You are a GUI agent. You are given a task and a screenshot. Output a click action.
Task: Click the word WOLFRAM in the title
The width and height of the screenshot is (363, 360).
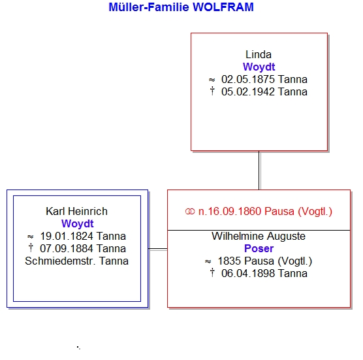(x=223, y=7)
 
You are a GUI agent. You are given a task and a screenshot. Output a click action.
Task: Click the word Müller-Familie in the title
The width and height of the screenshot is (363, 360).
(x=149, y=7)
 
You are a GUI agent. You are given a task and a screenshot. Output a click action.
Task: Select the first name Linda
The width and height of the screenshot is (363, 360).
(x=259, y=55)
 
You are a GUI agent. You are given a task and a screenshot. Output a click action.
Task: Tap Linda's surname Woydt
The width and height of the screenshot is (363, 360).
(x=259, y=67)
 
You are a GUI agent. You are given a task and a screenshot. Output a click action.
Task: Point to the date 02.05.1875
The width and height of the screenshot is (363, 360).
(x=248, y=79)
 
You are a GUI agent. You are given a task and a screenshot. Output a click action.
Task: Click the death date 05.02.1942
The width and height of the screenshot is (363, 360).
(x=248, y=91)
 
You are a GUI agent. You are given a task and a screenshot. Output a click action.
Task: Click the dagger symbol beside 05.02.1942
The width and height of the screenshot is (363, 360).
(x=212, y=91)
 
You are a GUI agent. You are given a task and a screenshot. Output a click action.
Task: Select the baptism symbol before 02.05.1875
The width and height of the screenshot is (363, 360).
(x=212, y=80)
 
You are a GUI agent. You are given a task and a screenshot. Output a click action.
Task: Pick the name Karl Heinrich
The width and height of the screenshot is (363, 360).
(x=76, y=211)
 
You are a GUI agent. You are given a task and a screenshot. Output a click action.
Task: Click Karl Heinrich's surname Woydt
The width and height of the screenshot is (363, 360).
(x=78, y=224)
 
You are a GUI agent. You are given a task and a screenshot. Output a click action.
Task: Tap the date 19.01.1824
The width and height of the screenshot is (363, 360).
(x=67, y=236)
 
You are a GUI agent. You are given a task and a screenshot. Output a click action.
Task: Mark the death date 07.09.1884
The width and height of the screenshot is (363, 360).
(x=67, y=248)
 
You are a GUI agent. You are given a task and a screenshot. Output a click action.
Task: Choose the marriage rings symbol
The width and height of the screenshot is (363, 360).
(x=190, y=212)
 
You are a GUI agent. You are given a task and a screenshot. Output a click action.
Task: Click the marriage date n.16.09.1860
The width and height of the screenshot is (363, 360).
(x=230, y=211)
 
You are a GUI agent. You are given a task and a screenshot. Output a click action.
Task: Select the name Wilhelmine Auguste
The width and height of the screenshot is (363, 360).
(x=259, y=236)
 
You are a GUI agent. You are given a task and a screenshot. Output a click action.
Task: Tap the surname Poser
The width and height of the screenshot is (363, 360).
(x=259, y=248)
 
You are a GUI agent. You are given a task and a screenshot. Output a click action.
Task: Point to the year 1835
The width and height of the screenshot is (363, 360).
(x=229, y=261)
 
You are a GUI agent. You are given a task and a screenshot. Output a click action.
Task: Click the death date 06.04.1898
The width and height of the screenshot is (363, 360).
(x=248, y=273)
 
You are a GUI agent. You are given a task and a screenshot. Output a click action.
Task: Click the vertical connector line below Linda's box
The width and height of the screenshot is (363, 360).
(x=259, y=171)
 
